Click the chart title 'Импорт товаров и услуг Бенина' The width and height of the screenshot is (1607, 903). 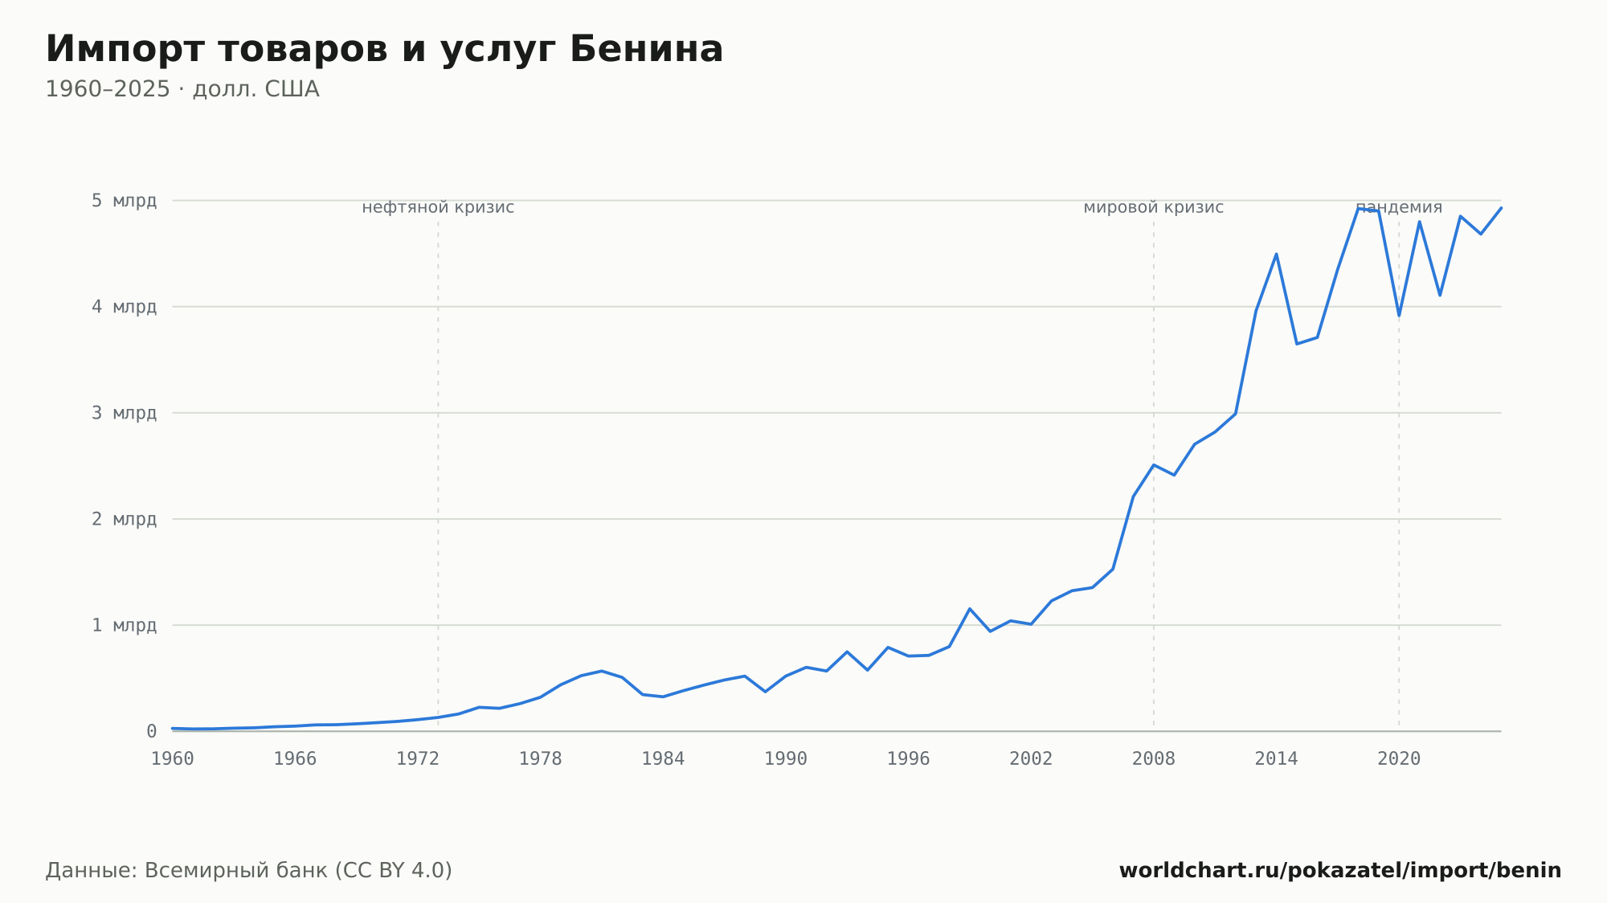coord(384,50)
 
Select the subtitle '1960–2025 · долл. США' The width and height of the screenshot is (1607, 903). coord(182,89)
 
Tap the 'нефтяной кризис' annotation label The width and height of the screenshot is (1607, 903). coord(438,207)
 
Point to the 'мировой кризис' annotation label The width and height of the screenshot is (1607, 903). coord(1154,207)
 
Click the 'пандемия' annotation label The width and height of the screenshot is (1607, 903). coord(1399,207)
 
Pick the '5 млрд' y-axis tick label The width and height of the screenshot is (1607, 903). coord(124,200)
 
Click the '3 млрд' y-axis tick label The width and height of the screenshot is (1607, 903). coord(124,413)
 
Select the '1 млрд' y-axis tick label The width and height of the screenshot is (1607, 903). coord(124,625)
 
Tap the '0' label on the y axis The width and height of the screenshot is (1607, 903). coord(151,731)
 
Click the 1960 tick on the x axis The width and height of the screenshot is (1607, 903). coord(173,759)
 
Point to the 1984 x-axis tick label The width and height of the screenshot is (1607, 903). coord(663,759)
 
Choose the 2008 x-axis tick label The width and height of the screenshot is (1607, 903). coord(1154,759)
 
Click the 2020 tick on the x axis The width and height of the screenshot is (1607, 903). coord(1399,759)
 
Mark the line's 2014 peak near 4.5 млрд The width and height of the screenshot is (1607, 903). coord(1276,254)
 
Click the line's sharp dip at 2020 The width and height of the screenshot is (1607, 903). coord(1399,315)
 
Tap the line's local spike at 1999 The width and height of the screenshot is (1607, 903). coord(970,609)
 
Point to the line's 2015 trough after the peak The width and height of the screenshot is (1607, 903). coord(1297,344)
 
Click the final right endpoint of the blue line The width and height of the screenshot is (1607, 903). coord(1501,208)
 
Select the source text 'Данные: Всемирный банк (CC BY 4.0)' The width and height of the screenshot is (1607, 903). coord(249,871)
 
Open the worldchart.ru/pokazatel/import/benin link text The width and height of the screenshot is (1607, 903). coord(1340,871)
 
